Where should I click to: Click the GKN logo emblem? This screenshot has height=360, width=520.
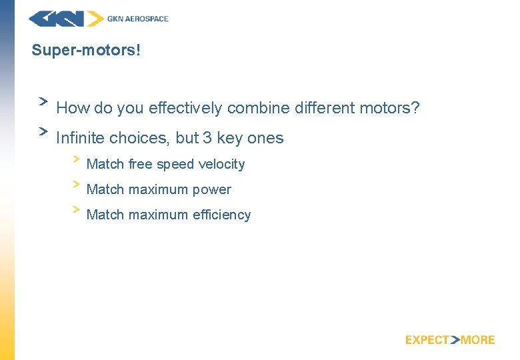click(66, 19)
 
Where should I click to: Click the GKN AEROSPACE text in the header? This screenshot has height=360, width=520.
click(138, 19)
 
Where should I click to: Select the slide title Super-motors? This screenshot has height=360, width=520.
click(86, 51)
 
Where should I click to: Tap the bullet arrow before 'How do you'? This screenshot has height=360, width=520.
click(43, 101)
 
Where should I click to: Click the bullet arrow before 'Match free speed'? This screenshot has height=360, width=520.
click(76, 159)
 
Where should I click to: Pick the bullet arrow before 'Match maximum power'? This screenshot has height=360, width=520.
click(76, 184)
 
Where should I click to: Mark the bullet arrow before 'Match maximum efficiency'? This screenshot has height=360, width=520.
click(76, 209)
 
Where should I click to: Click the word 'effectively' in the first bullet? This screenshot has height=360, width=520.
click(186, 108)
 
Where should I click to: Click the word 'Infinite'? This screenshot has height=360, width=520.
click(81, 139)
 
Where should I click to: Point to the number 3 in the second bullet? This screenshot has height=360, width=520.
click(207, 139)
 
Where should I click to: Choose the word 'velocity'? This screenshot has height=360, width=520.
click(222, 165)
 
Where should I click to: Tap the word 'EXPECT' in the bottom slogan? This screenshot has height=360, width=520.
click(427, 340)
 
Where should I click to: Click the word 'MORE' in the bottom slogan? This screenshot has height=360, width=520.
click(478, 340)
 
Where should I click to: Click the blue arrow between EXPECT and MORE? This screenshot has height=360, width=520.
click(455, 340)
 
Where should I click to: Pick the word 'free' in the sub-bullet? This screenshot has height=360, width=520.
click(141, 165)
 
